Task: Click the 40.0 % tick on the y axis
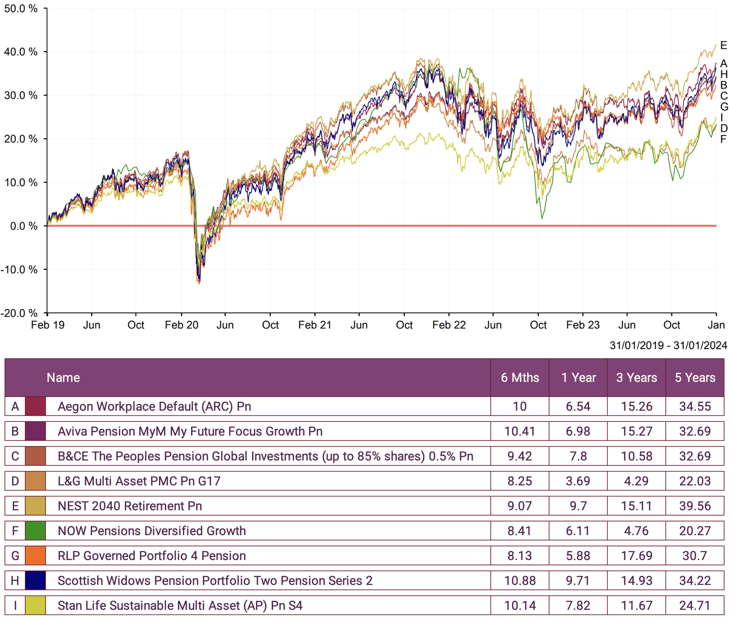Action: pos(21,52)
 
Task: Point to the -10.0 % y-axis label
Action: pos(19,269)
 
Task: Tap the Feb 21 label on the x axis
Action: pos(314,325)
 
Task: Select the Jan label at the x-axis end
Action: pos(716,325)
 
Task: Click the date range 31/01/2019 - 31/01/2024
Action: pos(668,345)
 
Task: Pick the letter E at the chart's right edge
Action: pos(723,45)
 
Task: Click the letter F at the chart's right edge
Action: pos(723,139)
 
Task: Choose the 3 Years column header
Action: pos(636,377)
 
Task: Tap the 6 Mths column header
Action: pos(520,377)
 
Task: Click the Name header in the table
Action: pos(63,377)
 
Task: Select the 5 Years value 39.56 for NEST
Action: pos(695,506)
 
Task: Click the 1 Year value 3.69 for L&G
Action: pos(578,481)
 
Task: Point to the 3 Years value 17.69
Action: pos(636,556)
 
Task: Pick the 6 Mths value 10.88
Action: pos(520,581)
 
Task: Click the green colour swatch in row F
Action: pos(36,531)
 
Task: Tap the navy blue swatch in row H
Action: pos(36,581)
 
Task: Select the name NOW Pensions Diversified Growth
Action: pos(152,531)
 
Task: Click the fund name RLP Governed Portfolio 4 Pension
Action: pos(152,556)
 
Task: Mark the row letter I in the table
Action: pos(15,605)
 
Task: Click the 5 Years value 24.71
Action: pos(695,605)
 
